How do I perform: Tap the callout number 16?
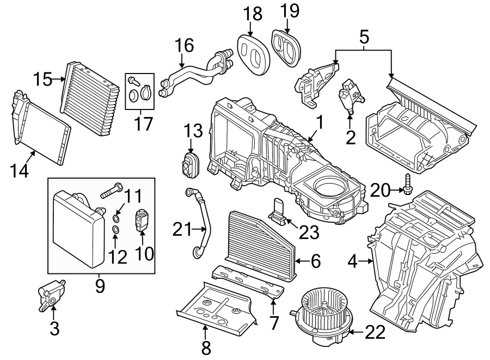coord(185,45)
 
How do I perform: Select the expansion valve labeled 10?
coord(142,224)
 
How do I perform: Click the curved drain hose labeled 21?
coord(200,221)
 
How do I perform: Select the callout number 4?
coord(353,262)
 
